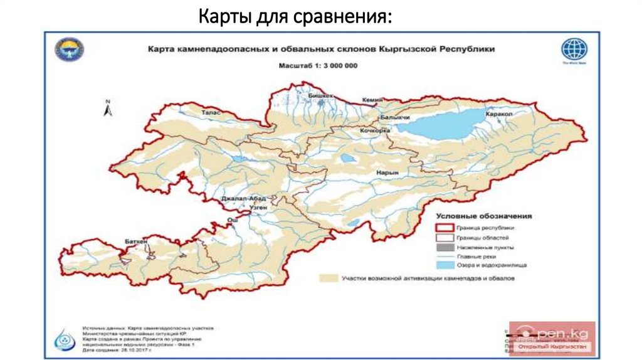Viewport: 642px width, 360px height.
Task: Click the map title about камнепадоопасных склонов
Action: pyautogui.click(x=320, y=48)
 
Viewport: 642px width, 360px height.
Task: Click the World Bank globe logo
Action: pyautogui.click(x=574, y=50)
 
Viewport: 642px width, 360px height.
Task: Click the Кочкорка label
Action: pyautogui.click(x=375, y=130)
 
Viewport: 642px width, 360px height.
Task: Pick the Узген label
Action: pyautogui.click(x=258, y=206)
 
